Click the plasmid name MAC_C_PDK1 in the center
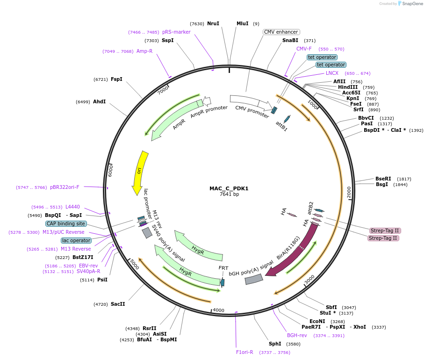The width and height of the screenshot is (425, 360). [229, 188]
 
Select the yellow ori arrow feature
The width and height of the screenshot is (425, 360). [140, 172]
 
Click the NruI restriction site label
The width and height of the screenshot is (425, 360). [213, 23]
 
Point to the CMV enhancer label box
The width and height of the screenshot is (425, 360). [281, 32]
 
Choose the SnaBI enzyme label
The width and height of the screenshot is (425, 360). [290, 41]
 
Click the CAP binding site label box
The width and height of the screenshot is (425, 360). [66, 223]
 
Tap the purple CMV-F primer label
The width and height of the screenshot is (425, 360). [304, 49]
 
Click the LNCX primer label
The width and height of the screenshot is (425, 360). [332, 73]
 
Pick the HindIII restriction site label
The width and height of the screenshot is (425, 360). [348, 87]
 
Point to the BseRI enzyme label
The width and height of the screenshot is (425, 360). [383, 179]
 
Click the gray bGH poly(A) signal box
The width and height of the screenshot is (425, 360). [254, 279]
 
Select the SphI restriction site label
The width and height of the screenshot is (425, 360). [275, 344]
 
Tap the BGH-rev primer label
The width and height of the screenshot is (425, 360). [297, 335]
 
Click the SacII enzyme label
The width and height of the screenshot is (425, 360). [118, 304]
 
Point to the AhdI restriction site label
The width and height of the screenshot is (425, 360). [99, 101]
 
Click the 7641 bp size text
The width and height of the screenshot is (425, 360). [229, 194]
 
